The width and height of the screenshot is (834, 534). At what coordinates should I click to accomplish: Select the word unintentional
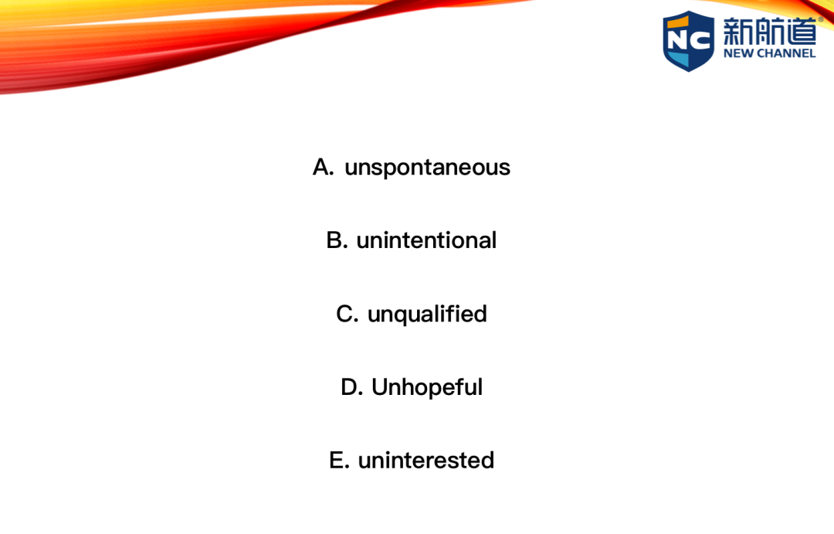pyautogui.click(x=426, y=240)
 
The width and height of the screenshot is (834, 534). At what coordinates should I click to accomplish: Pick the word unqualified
pyautogui.click(x=427, y=314)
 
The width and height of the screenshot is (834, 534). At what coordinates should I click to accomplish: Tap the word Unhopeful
pyautogui.click(x=427, y=388)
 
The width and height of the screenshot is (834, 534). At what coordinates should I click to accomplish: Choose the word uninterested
pyautogui.click(x=426, y=461)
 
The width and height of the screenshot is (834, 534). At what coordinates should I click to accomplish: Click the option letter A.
pyautogui.click(x=321, y=167)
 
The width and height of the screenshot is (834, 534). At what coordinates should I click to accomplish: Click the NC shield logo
pyautogui.click(x=688, y=41)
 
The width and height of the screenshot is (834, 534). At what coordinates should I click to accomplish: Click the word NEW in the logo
pyautogui.click(x=737, y=53)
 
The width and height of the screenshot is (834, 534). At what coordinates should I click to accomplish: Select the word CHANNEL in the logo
pyautogui.click(x=786, y=53)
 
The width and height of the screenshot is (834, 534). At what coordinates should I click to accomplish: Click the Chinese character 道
pyautogui.click(x=801, y=32)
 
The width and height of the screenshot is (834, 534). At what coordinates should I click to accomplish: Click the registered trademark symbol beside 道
pyautogui.click(x=821, y=19)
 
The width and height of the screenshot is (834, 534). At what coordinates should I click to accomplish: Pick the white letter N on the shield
pyautogui.click(x=678, y=40)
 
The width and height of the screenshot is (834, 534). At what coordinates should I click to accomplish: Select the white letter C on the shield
pyautogui.click(x=700, y=40)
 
